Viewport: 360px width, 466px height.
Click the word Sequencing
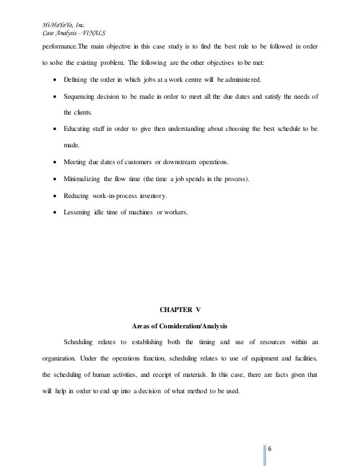[83, 98]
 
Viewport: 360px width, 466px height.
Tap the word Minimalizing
[87, 179]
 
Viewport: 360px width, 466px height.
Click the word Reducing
[80, 196]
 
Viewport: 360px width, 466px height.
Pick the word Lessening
[81, 212]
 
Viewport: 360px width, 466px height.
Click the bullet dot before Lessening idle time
[54, 213]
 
